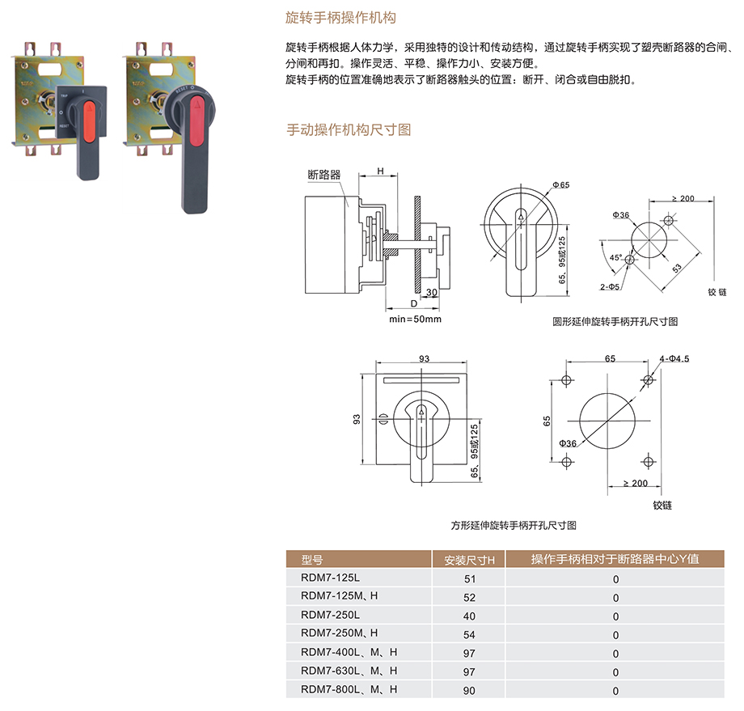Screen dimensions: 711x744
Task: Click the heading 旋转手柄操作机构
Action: tap(340, 17)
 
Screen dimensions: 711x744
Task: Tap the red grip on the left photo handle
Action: tap(90, 115)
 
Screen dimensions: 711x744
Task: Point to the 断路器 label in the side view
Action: tap(323, 174)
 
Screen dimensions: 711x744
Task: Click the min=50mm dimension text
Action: tap(415, 319)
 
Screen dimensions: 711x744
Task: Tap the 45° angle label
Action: tap(616, 258)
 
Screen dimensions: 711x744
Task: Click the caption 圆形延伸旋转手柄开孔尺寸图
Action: tap(615, 321)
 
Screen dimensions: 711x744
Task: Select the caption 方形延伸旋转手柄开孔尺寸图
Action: tap(514, 525)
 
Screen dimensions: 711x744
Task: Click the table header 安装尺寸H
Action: tap(469, 559)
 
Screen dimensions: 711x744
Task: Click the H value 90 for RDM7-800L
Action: tap(470, 691)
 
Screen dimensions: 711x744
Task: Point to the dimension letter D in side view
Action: tap(413, 303)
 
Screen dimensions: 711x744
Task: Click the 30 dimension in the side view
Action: tap(432, 292)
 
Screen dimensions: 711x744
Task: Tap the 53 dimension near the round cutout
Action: tap(674, 268)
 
